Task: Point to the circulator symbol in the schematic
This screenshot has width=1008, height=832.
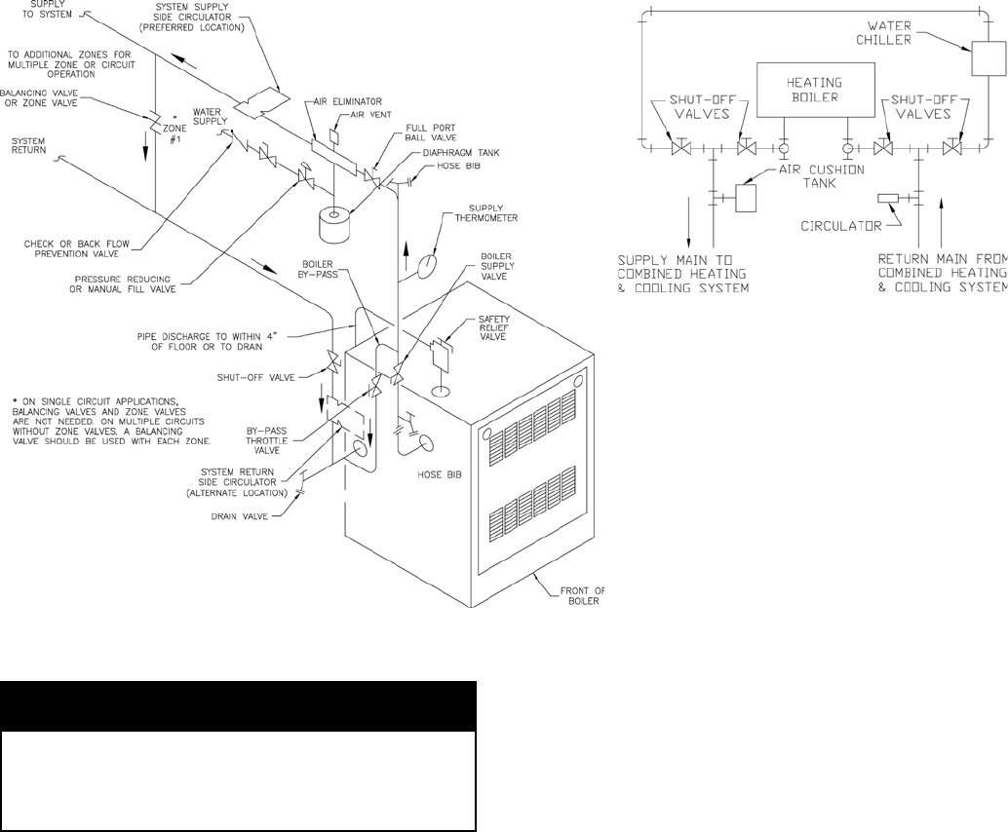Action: coord(888,199)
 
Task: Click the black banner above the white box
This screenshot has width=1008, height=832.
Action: coord(239,705)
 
